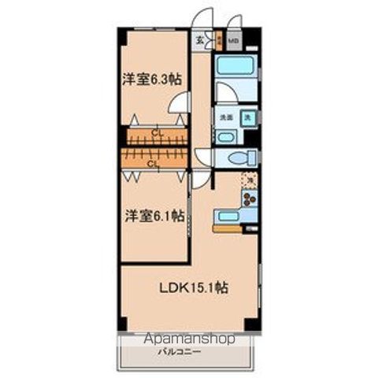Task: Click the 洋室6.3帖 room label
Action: (153, 79)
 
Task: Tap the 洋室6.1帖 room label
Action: (153, 214)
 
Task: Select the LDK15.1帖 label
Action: (195, 288)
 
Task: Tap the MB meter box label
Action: (233, 39)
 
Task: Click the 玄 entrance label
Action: (199, 39)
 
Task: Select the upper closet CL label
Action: (157, 131)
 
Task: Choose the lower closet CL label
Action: (154, 165)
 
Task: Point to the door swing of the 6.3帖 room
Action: (180, 102)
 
